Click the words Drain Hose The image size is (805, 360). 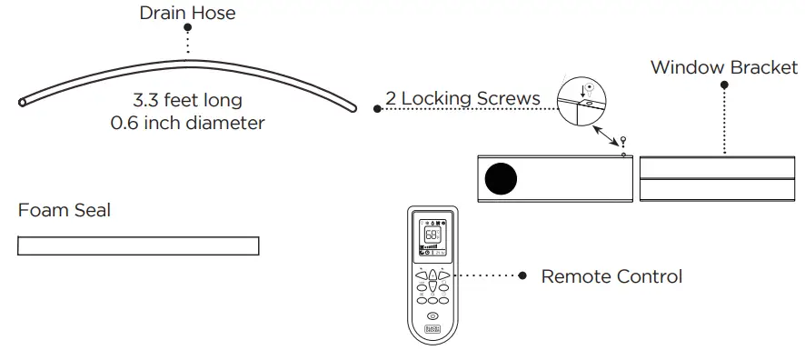(x=187, y=13)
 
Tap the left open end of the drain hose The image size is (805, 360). (x=22, y=104)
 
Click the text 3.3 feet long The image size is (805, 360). (x=188, y=99)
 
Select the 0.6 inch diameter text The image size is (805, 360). (x=187, y=122)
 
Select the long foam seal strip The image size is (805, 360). (x=138, y=245)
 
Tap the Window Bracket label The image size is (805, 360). (x=724, y=67)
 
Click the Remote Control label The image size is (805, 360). (x=611, y=275)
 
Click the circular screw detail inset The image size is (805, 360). (x=582, y=99)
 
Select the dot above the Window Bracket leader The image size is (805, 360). (x=724, y=85)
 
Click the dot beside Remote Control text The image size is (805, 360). (x=522, y=275)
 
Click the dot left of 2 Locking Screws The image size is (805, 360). (x=377, y=109)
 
